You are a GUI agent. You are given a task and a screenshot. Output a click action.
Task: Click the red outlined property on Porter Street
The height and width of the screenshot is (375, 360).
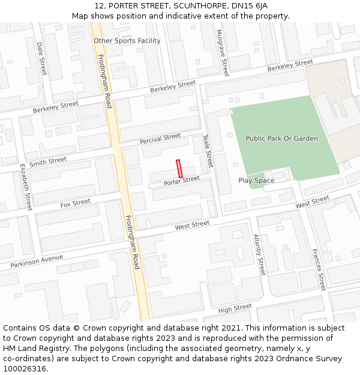tap(179, 167)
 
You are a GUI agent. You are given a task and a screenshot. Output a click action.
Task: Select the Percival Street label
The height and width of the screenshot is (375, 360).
tap(160, 139)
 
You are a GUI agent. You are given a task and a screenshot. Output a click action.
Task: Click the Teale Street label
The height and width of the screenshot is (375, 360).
tap(208, 151)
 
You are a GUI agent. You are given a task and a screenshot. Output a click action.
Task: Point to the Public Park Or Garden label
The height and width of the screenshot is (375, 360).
tap(281, 139)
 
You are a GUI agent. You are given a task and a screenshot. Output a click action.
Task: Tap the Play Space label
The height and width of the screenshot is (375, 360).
tap(256, 181)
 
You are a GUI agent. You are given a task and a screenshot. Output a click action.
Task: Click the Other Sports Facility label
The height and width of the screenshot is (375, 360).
tap(127, 41)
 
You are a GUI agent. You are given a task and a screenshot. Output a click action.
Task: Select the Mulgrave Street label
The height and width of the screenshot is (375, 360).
tap(222, 53)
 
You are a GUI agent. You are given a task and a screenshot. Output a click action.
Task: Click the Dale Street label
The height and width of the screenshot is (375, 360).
tap(41, 58)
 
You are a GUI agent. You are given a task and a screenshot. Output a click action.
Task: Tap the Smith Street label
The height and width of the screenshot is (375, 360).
tap(48, 161)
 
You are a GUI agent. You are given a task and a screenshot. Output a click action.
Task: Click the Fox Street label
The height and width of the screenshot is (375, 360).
tap(75, 204)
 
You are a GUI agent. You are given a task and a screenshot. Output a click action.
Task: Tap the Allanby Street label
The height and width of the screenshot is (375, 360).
tap(259, 255)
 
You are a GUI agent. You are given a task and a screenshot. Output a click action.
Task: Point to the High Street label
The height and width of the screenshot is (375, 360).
tap(235, 308)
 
